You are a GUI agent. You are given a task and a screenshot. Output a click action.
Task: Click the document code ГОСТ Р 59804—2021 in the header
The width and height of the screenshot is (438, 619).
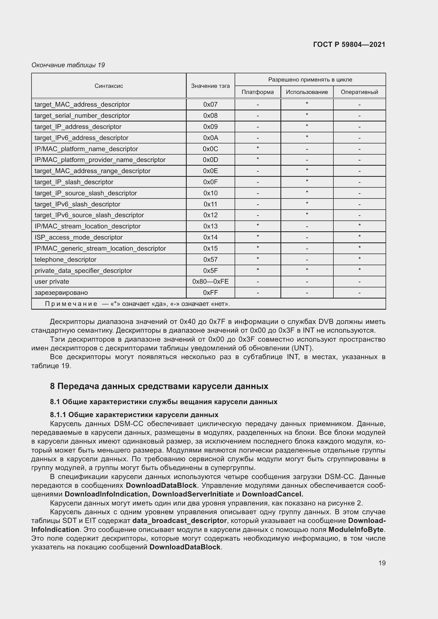pyautogui.click(x=349, y=44)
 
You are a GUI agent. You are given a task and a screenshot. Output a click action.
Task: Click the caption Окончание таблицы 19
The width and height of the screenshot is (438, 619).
pyautogui.click(x=68, y=65)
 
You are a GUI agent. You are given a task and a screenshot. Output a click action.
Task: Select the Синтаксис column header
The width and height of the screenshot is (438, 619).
pyautogui.click(x=109, y=86)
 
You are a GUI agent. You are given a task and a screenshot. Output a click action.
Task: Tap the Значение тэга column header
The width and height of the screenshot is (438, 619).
pyautogui.click(x=210, y=86)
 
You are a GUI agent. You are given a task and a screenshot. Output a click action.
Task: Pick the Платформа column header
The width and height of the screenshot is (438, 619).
pyautogui.click(x=258, y=92)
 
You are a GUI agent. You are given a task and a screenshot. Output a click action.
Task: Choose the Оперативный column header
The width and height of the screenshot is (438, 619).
pyautogui.click(x=359, y=92)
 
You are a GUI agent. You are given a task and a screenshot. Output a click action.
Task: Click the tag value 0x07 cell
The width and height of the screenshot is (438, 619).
pyautogui.click(x=210, y=105)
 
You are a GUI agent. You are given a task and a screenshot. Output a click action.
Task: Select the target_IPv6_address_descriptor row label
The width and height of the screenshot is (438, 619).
pyautogui.click(x=81, y=138)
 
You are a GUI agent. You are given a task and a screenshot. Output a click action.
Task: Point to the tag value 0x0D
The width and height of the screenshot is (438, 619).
pyautogui.click(x=210, y=160)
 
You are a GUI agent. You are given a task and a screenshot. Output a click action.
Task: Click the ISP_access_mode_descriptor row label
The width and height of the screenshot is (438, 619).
pyautogui.click(x=78, y=237)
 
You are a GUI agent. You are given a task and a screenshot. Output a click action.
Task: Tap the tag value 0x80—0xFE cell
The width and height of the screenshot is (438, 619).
pyautogui.click(x=210, y=282)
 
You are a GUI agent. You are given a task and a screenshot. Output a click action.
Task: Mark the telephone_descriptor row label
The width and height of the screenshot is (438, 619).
pyautogui.click(x=65, y=260)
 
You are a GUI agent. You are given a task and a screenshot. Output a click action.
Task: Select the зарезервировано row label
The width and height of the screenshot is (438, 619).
pyautogui.click(x=61, y=293)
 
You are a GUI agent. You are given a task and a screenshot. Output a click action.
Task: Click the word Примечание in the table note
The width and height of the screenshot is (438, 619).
pyautogui.click(x=71, y=304)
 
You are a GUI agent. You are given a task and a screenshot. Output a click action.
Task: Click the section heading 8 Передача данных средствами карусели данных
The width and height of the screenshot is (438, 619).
pyautogui.click(x=159, y=386)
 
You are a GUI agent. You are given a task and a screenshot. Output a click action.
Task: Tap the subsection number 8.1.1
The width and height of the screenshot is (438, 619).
pyautogui.click(x=58, y=415)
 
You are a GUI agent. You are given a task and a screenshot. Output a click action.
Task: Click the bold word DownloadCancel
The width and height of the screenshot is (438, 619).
pyautogui.click(x=272, y=494)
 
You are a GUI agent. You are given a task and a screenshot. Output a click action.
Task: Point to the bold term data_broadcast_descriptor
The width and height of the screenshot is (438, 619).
pyautogui.click(x=179, y=521)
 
